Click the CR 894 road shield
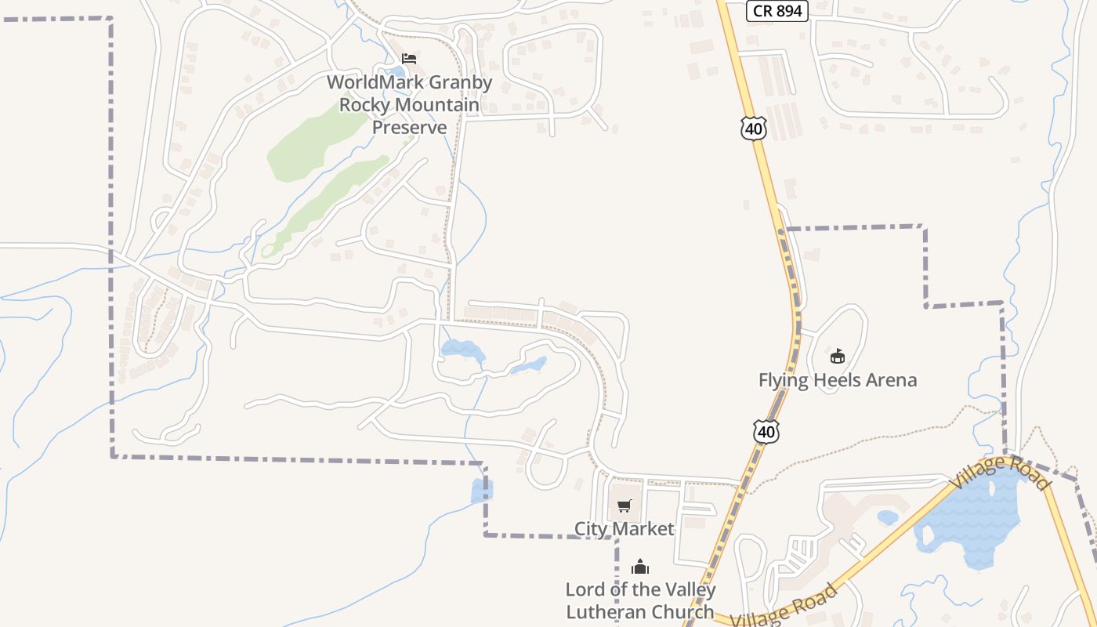coord(776,10)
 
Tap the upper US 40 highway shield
coord(753,128)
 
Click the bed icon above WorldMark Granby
coord(408,59)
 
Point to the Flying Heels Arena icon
coord(837,357)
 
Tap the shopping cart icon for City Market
coord(624,506)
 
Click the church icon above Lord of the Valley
coord(640,567)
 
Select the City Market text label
coord(624,529)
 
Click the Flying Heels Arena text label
coord(837,381)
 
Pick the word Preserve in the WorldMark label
coord(409,127)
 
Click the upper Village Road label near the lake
coord(1001,472)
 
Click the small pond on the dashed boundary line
coord(480,491)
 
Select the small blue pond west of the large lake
coord(888,517)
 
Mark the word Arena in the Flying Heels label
coord(886,381)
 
